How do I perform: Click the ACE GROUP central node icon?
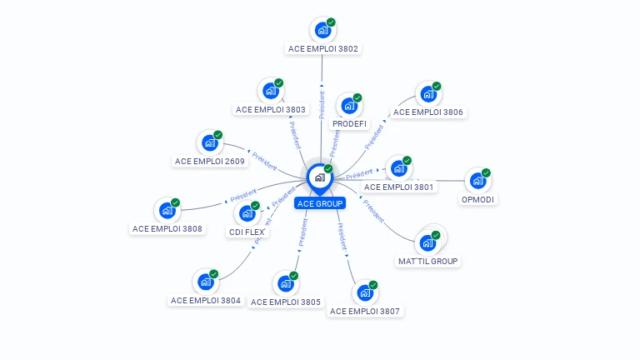(x=318, y=177)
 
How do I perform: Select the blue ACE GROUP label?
(x=319, y=203)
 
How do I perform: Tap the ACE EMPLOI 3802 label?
(x=323, y=49)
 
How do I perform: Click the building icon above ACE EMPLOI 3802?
(x=322, y=31)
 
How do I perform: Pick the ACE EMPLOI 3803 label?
(x=271, y=109)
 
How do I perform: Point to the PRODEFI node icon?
(x=349, y=106)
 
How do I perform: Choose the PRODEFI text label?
(x=349, y=124)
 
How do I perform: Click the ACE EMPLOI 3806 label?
(x=427, y=112)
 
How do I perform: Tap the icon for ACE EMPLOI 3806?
(x=427, y=93)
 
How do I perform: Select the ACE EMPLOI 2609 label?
(x=210, y=161)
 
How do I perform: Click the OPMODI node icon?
(x=477, y=180)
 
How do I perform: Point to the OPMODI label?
(x=477, y=199)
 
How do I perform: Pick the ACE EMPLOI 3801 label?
(x=399, y=187)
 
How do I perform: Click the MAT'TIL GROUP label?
(x=428, y=261)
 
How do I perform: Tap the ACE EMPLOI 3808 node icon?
(x=167, y=211)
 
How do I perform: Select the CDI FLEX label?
(x=247, y=232)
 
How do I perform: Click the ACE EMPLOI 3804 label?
(x=206, y=300)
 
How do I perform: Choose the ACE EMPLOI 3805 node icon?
(x=286, y=283)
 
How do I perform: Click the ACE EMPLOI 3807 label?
(x=365, y=311)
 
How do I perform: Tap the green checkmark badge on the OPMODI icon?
(x=486, y=172)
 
